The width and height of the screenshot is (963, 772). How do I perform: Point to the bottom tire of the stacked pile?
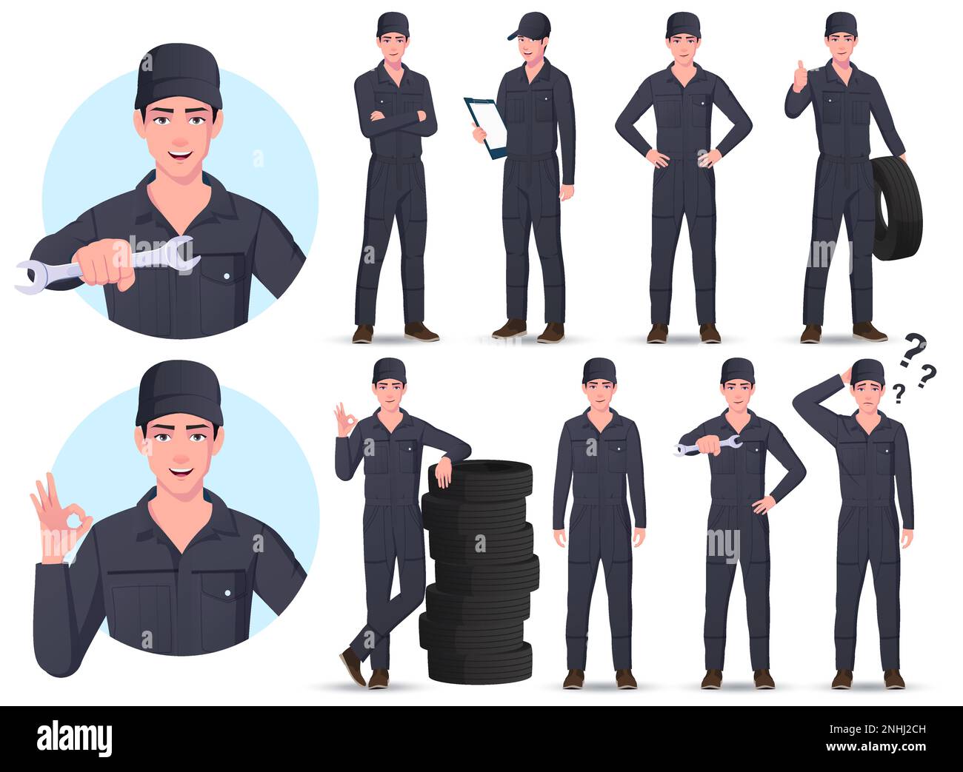476,662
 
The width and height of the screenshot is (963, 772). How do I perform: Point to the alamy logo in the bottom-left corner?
74,739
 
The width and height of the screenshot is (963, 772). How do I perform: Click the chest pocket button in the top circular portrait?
227,275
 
